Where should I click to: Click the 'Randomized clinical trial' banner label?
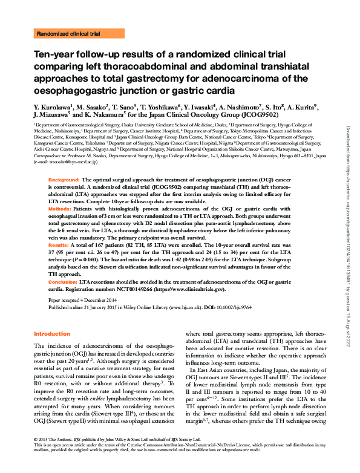click(68, 34)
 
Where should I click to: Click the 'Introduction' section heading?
click(51, 334)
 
